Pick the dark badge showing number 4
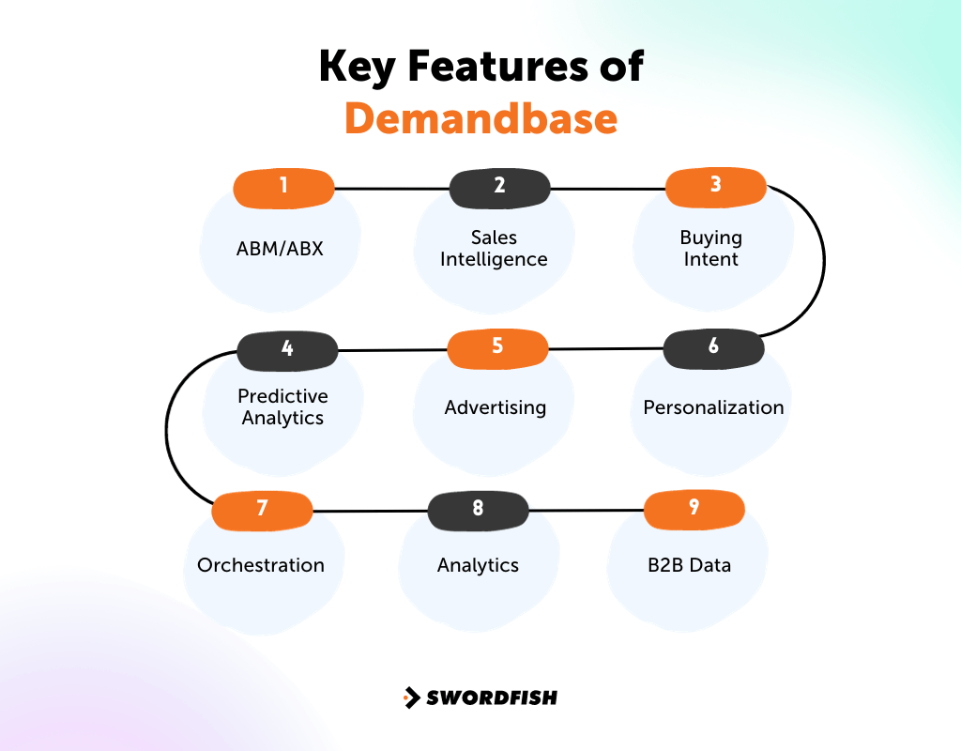(x=287, y=350)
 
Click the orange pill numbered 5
(x=497, y=348)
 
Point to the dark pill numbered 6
(x=713, y=348)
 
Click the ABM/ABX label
(x=280, y=249)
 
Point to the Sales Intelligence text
(x=494, y=249)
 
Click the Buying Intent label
(x=710, y=249)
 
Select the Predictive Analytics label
(x=282, y=407)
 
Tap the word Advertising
(x=495, y=407)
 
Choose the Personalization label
(x=713, y=407)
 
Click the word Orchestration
(x=261, y=565)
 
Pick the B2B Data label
(x=690, y=565)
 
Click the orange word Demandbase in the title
(x=480, y=119)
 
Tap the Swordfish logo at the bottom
(x=480, y=697)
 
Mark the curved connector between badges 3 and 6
(x=824, y=263)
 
